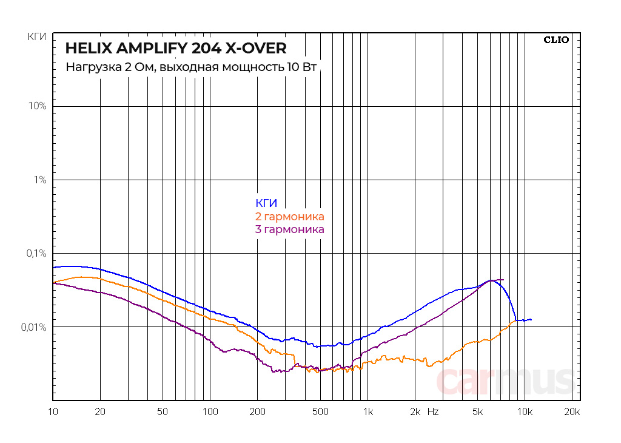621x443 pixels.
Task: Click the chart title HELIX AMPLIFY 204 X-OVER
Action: point(176,48)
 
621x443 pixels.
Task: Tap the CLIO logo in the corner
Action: point(556,40)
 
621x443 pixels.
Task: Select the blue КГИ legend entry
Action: point(266,203)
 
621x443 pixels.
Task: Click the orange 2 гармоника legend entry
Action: point(290,217)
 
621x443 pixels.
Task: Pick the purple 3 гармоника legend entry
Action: point(290,229)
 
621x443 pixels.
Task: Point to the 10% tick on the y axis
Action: point(38,106)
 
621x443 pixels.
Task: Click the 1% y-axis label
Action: point(40,180)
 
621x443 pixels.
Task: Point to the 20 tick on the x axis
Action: point(100,412)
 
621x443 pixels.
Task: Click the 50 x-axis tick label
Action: point(163,412)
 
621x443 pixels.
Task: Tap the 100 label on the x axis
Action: point(210,412)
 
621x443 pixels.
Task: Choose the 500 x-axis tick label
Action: point(320,412)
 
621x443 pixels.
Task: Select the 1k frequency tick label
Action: point(368,412)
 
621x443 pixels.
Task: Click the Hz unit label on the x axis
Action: point(433,412)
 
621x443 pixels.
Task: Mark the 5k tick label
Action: point(477,412)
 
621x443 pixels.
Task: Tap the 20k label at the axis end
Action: point(572,412)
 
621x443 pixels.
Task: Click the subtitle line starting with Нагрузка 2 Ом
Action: point(191,67)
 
